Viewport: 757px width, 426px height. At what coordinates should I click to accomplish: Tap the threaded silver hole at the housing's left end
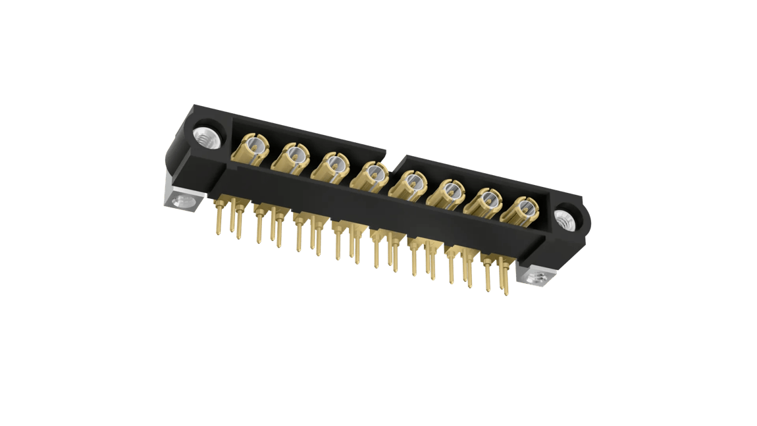pyautogui.click(x=205, y=139)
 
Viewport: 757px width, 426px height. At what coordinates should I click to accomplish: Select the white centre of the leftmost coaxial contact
pyautogui.click(x=254, y=146)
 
